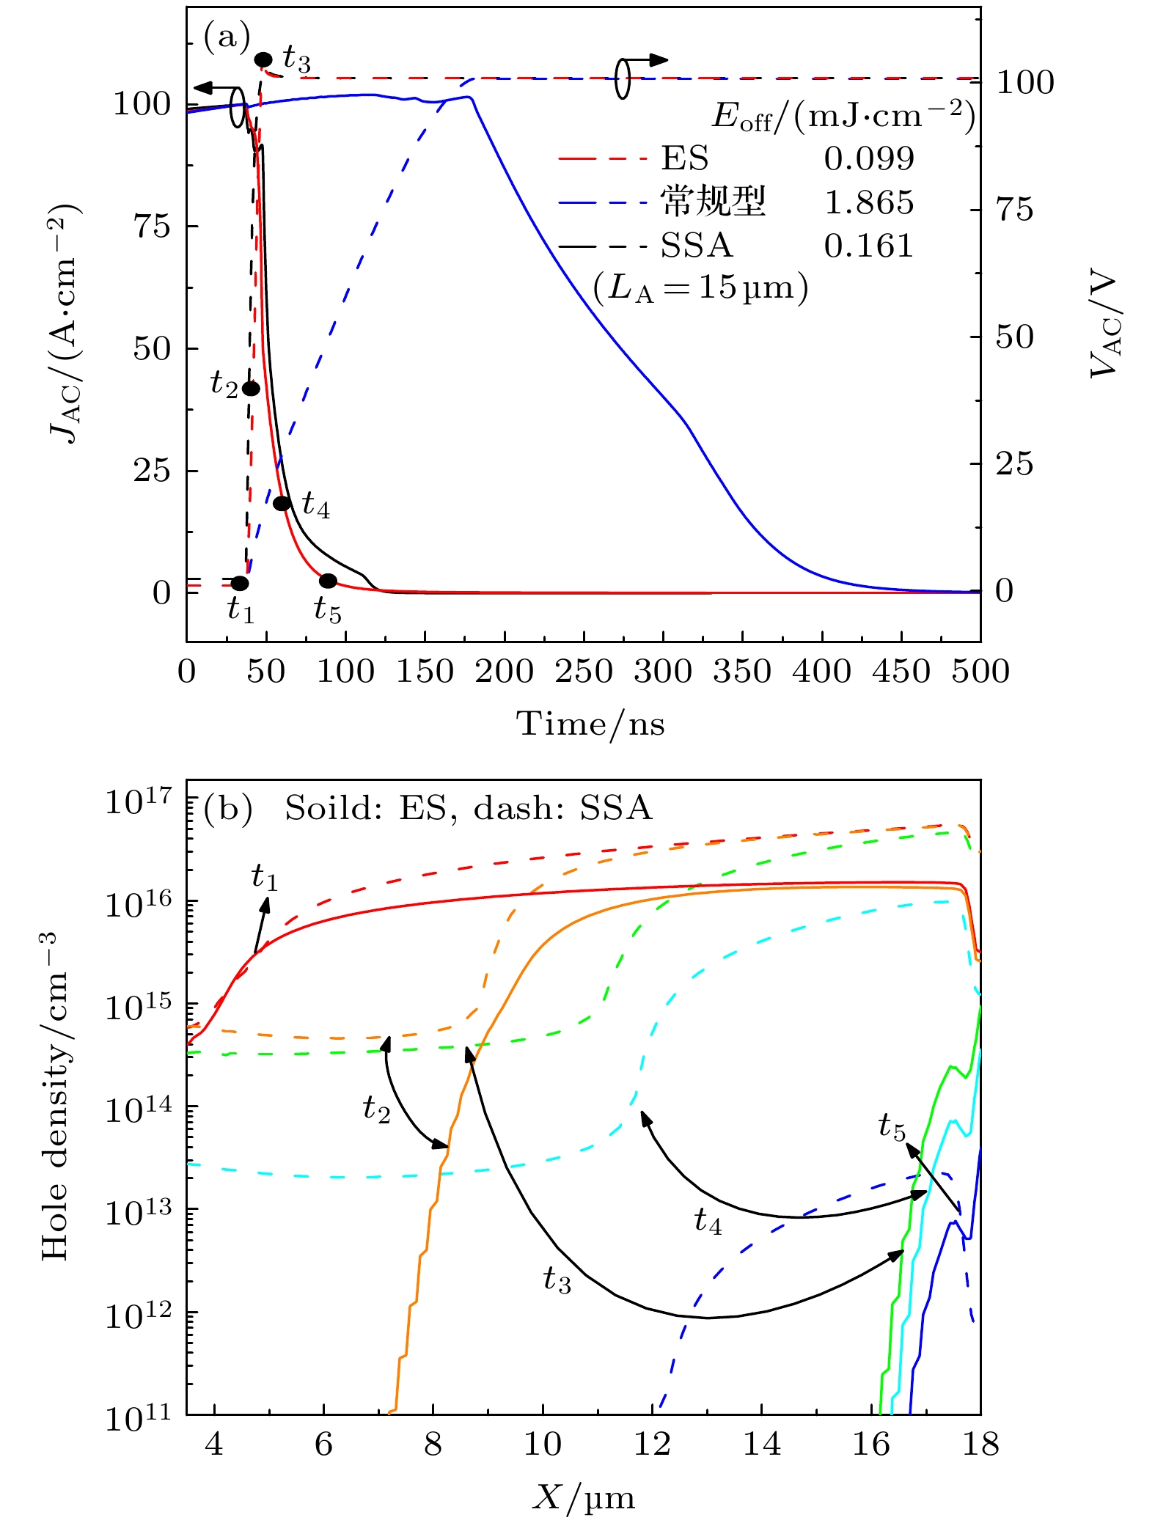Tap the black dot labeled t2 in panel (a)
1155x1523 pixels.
(x=251, y=389)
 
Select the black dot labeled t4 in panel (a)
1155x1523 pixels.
(x=282, y=503)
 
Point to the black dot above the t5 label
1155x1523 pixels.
(x=328, y=581)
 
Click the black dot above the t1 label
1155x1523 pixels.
(x=240, y=584)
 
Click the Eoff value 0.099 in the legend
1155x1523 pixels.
(x=869, y=158)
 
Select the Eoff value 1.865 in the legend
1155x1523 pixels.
(x=869, y=202)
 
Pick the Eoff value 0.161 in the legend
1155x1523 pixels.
(x=869, y=246)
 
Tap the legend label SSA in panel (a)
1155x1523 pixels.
(x=697, y=246)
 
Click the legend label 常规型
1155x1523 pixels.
(x=713, y=202)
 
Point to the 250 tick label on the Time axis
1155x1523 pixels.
(x=584, y=672)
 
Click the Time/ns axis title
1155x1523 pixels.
(x=591, y=724)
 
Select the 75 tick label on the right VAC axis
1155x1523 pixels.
(x=1015, y=210)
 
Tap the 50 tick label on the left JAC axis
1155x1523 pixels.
(x=152, y=349)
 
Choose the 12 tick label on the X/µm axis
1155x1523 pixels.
(x=651, y=1444)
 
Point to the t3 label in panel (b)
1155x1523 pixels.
(x=557, y=1280)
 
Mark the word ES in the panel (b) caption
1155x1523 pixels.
(x=423, y=808)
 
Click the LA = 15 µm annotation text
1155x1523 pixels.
(x=700, y=288)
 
